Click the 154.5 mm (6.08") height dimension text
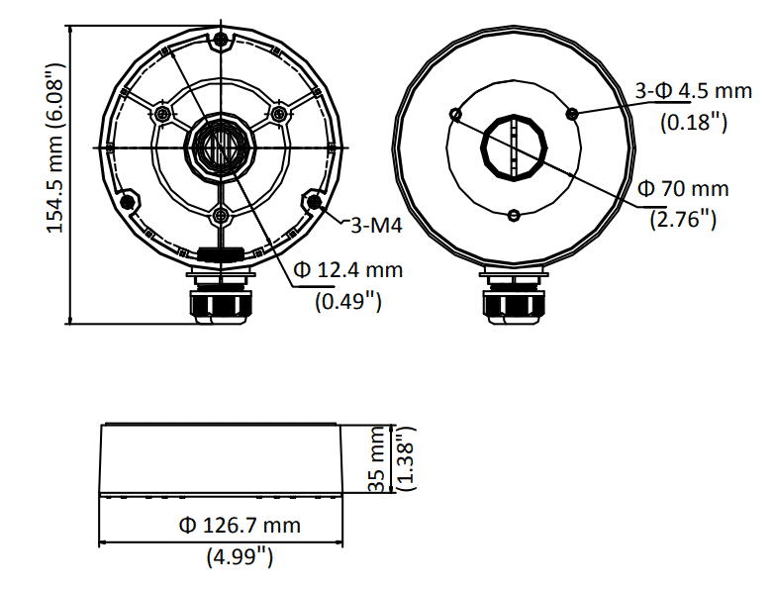[55, 147]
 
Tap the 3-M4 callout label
[376, 226]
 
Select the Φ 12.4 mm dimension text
[348, 269]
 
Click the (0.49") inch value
[348, 300]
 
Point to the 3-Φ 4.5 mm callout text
[694, 91]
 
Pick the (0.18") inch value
[694, 121]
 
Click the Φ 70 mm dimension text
[683, 189]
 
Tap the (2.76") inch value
[683, 219]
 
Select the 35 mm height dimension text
[377, 459]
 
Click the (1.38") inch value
[407, 459]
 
